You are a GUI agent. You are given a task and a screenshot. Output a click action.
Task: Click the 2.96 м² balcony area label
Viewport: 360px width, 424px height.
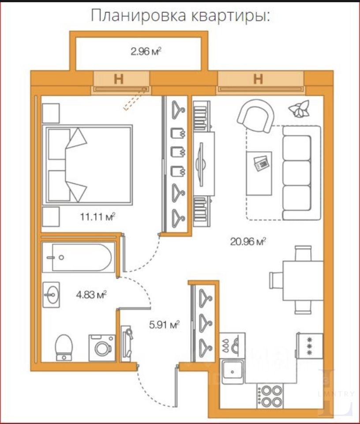(x=146, y=51)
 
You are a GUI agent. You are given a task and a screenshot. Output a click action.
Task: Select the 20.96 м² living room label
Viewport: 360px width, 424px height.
(x=248, y=241)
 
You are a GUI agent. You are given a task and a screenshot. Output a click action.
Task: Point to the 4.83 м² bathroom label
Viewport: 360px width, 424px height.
(x=91, y=295)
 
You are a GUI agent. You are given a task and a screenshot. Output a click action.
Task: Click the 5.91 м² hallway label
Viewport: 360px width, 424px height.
(x=165, y=324)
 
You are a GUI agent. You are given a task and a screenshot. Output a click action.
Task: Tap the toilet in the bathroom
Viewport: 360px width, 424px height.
(x=64, y=348)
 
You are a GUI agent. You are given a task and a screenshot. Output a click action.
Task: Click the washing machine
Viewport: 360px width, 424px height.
(x=102, y=348)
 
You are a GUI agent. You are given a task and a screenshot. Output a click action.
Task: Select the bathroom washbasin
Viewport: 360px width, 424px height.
(x=51, y=295)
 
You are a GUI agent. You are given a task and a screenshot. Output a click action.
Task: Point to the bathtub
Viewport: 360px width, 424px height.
(x=79, y=257)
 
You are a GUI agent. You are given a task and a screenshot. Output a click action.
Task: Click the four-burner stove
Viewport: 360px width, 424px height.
(x=270, y=396)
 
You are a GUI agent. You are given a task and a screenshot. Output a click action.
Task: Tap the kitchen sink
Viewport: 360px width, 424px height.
(x=232, y=372)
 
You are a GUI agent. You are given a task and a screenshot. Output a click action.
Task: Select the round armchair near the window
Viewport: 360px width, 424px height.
(x=256, y=116)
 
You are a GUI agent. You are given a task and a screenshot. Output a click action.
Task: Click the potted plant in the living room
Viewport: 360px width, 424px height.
(x=299, y=109)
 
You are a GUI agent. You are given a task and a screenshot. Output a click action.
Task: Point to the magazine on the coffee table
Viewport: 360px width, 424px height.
(x=261, y=163)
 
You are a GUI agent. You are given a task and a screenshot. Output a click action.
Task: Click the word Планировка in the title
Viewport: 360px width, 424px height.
(x=138, y=16)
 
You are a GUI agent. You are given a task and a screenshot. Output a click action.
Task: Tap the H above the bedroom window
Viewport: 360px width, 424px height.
(x=119, y=79)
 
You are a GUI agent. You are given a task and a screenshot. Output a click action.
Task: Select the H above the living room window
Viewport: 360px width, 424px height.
(x=258, y=79)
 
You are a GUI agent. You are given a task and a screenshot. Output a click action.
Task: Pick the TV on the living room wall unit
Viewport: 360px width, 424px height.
(x=201, y=164)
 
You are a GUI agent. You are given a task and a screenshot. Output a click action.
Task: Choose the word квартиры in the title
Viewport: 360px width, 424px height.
(x=230, y=16)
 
